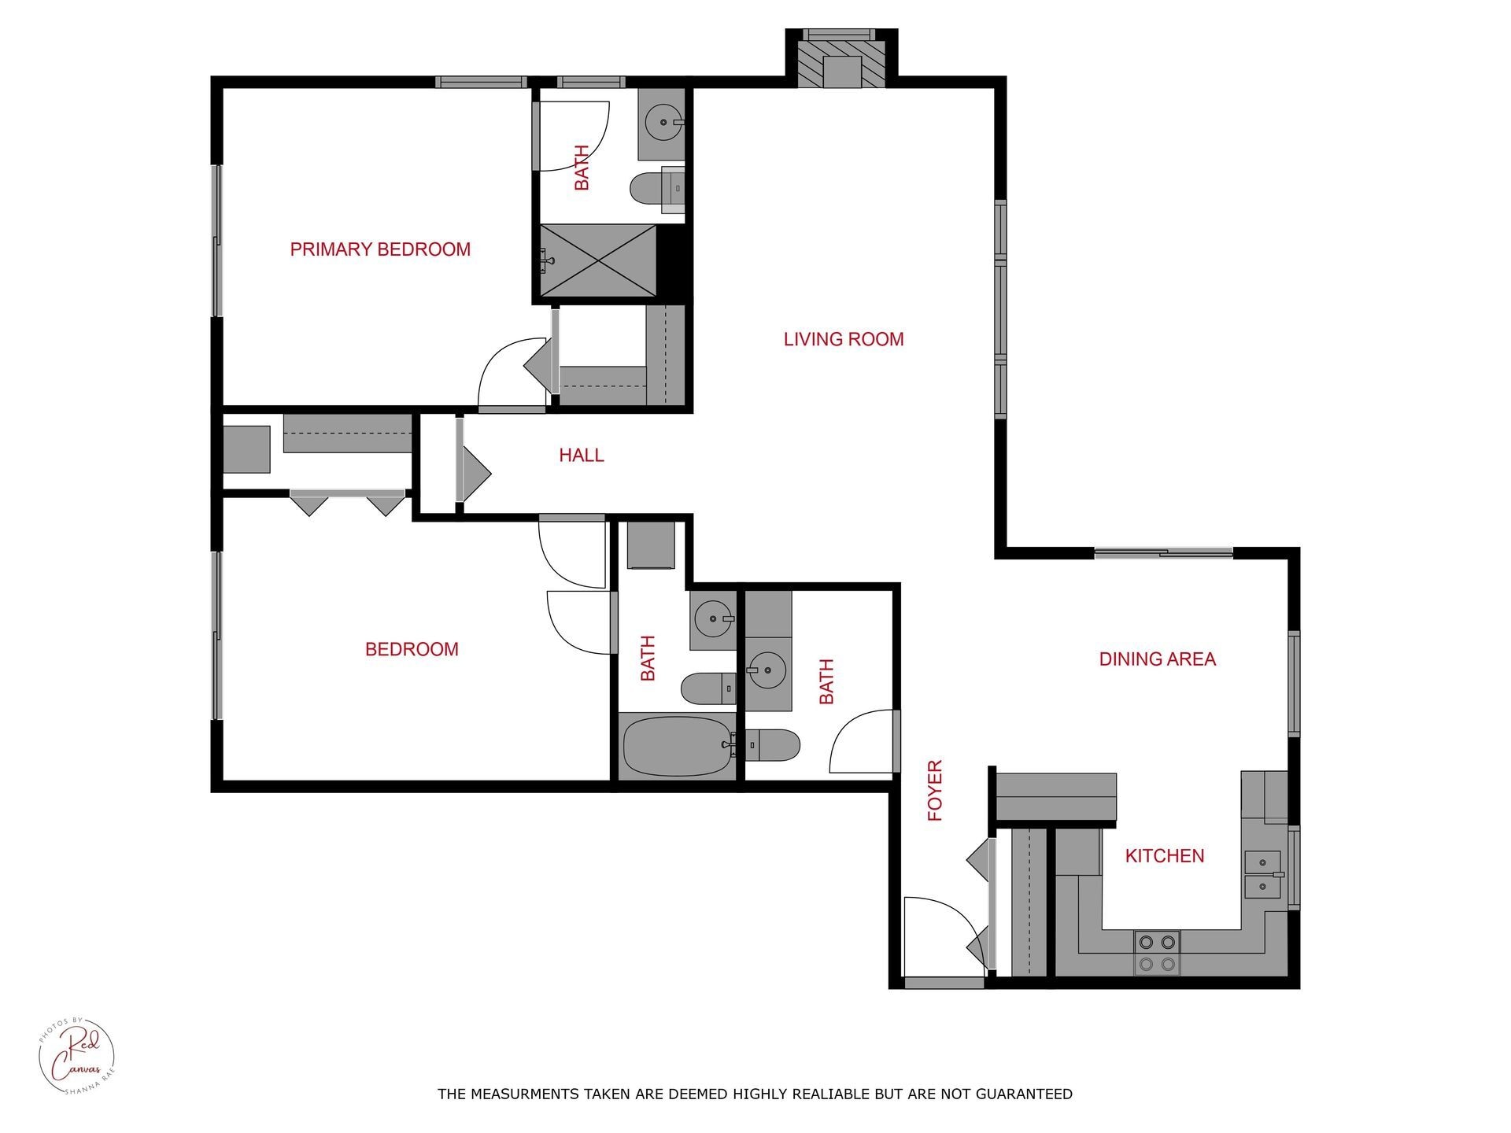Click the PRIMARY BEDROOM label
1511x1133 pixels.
coord(380,249)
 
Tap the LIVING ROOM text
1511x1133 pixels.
coord(843,339)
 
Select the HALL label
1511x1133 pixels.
coord(581,455)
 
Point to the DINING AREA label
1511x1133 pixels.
coord(1156,659)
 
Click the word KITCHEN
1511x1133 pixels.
coord(1164,856)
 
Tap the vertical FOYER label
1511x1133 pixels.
coord(935,790)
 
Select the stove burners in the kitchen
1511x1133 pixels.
coord(1157,952)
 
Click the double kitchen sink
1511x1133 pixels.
coord(1262,874)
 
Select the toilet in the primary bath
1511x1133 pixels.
coord(653,189)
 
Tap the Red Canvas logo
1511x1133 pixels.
coord(76,1055)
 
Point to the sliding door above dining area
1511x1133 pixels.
coord(1163,553)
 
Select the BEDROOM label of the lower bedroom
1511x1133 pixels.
coord(412,649)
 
